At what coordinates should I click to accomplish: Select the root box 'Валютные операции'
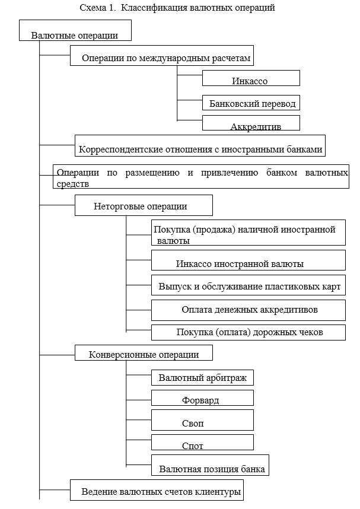coord(75,35)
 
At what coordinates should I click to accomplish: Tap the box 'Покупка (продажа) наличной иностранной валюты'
coord(248,234)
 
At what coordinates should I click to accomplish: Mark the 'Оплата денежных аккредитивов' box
coord(248,310)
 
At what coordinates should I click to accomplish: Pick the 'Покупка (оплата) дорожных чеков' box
coord(248,332)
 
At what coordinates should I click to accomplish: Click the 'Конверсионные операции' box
coord(144,354)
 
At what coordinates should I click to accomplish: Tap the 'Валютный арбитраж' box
coord(202,377)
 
